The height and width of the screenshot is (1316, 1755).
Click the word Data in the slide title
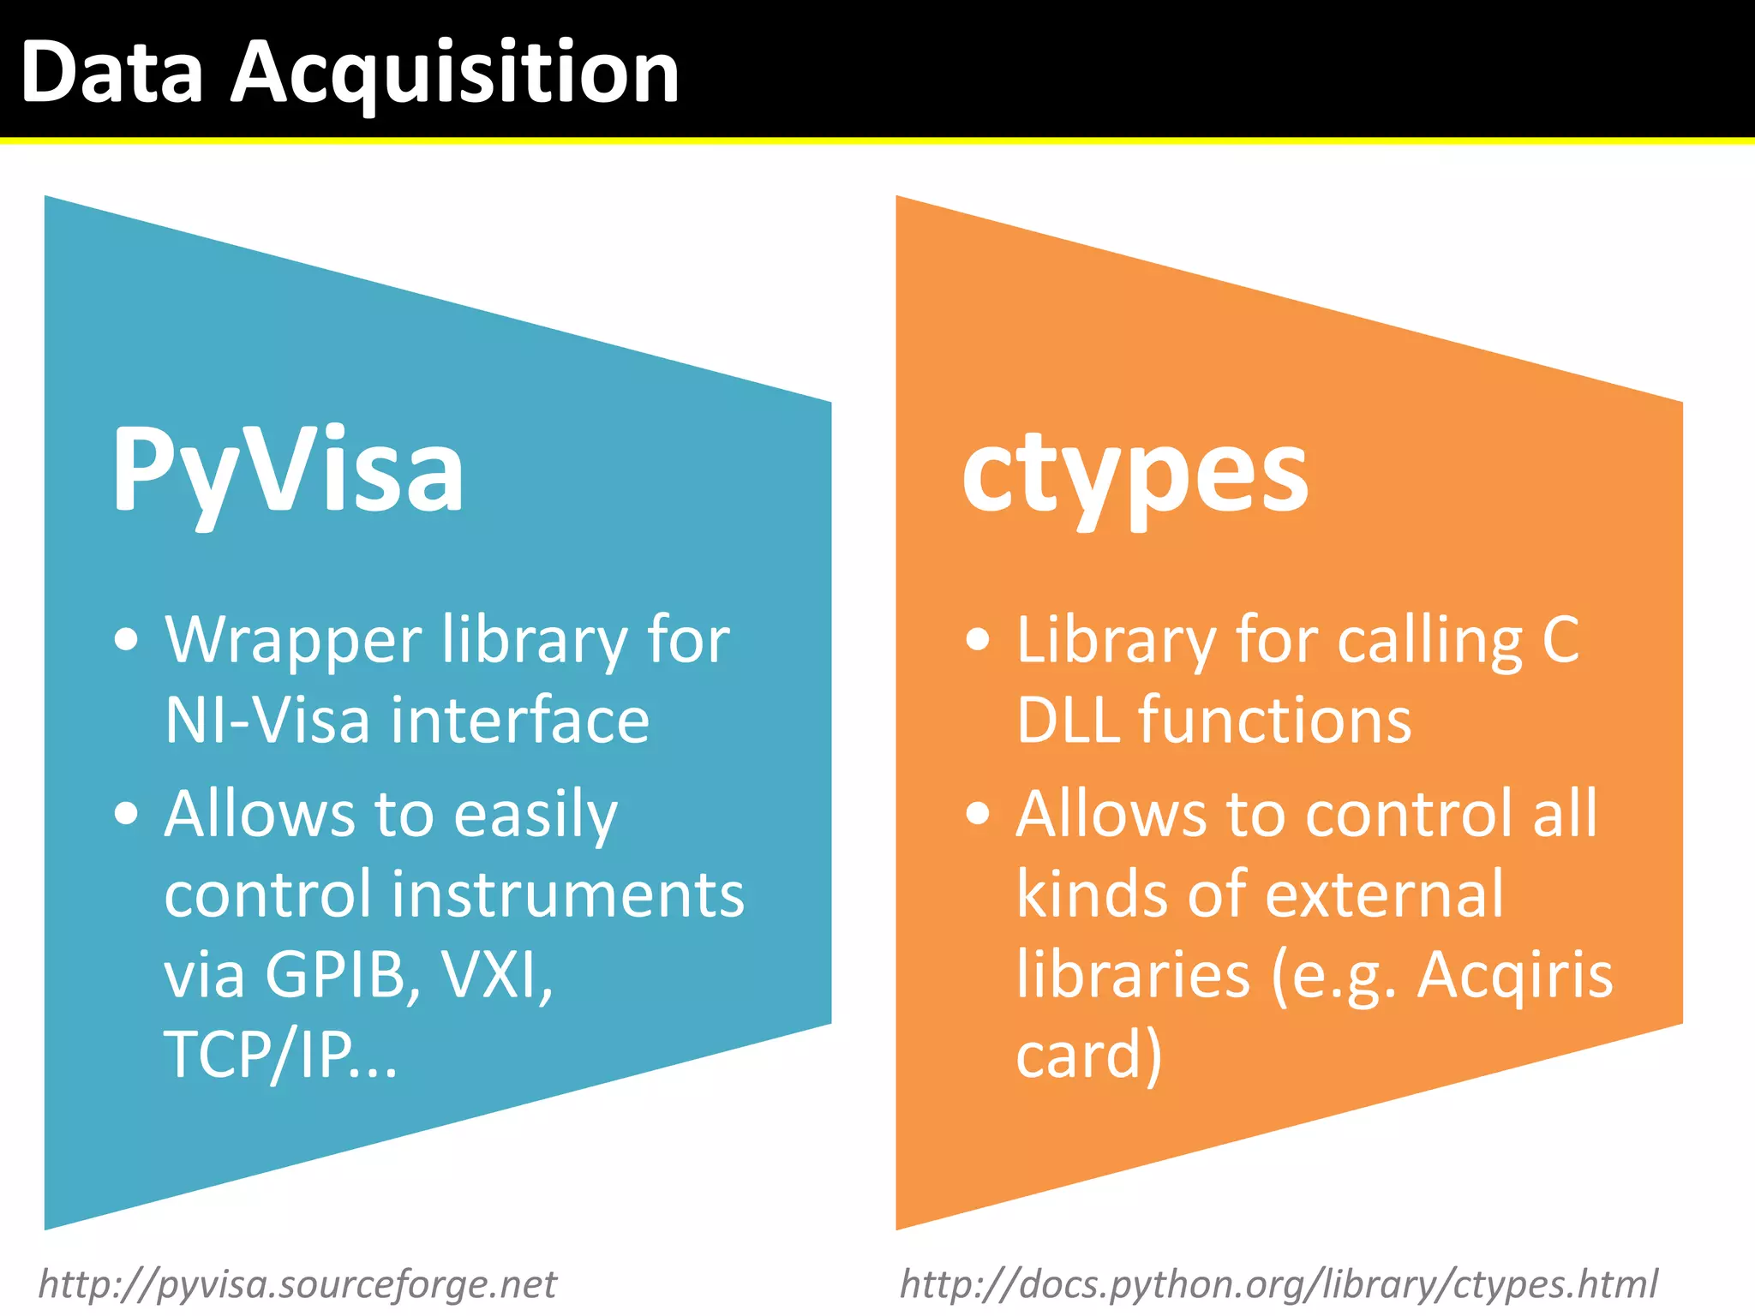pos(112,75)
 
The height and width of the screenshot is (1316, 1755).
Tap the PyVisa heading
pos(288,470)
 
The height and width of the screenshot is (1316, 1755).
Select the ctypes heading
pos(1135,472)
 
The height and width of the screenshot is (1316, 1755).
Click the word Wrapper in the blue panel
pos(293,641)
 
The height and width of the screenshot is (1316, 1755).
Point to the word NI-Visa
pos(267,720)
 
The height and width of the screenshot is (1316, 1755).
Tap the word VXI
pos(495,974)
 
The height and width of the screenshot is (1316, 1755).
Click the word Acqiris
pos(1514,976)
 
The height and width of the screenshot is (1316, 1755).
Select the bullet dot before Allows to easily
pos(126,813)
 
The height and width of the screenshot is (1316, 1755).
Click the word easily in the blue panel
pos(535,815)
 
